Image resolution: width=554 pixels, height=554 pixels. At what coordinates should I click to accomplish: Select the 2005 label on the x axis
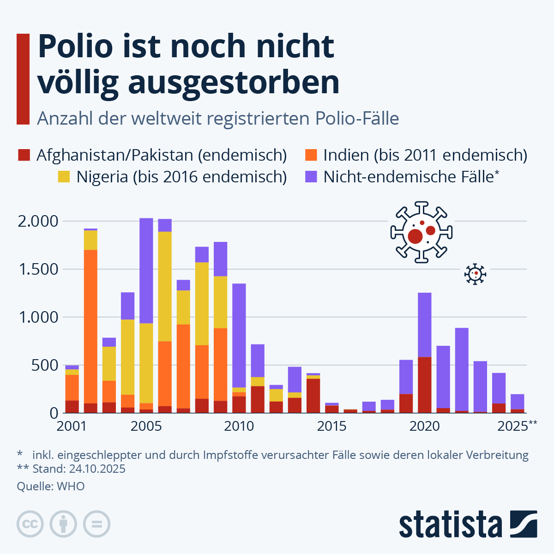146,426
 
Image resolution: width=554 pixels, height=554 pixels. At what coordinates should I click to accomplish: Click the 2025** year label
517,426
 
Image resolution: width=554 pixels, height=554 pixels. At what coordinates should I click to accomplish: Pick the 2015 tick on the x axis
331,426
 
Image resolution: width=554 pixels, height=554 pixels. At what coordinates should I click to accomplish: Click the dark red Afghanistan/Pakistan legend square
24,155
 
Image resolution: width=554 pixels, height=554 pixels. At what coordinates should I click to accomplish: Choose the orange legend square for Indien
311,155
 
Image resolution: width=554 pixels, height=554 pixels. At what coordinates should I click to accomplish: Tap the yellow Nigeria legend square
64,177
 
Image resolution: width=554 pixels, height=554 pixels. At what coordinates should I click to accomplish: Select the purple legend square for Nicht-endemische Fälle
311,177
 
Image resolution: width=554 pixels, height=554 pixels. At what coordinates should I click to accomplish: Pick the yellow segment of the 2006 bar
165,286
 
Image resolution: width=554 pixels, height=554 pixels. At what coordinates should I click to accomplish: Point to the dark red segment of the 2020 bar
425,385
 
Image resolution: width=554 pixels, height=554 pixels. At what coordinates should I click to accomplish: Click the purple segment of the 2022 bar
462,369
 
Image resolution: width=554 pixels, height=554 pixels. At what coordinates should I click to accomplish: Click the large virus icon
421,232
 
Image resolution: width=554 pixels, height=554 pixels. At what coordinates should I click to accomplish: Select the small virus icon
475,274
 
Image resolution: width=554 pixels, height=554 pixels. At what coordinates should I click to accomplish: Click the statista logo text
450,524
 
